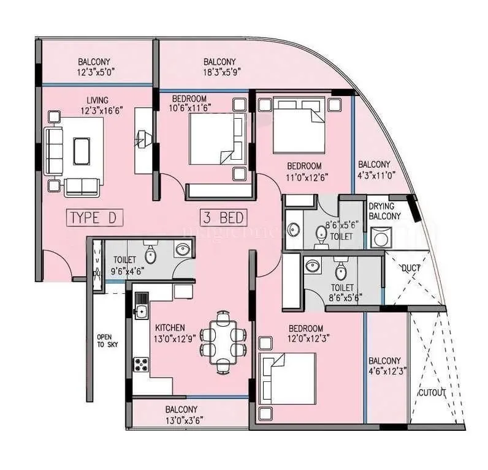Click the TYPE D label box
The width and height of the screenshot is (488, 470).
(95, 218)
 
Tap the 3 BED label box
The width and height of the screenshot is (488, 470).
(223, 218)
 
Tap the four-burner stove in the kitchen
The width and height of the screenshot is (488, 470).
(142, 364)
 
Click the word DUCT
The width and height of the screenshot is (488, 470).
(410, 268)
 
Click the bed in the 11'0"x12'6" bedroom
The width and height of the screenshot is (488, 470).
(299, 125)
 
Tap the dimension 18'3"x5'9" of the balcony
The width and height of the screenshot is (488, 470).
(219, 72)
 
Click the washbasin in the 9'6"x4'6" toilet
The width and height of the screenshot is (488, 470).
(182, 249)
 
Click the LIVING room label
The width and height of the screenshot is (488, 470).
(97, 100)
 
